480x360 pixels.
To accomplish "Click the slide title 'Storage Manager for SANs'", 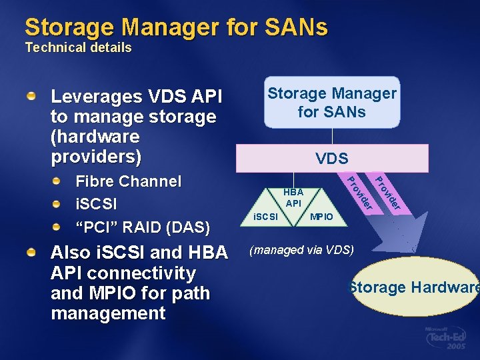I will tap(176, 27).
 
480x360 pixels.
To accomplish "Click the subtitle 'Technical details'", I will tap(78, 48).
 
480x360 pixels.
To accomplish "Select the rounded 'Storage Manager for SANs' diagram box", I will tap(332, 103).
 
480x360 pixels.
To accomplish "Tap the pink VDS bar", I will tap(332, 158).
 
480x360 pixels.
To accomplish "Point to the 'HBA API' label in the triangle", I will tap(293, 197).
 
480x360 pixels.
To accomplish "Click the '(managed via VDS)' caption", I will tap(301, 250).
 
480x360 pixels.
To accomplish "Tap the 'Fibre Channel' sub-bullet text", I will tap(128, 181).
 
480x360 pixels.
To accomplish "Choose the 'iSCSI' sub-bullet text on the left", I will tap(97, 204).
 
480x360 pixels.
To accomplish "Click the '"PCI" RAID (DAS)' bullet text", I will tap(143, 227).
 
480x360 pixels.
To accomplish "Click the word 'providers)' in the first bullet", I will tap(96, 157).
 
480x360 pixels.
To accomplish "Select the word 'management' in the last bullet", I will tap(107, 313).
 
